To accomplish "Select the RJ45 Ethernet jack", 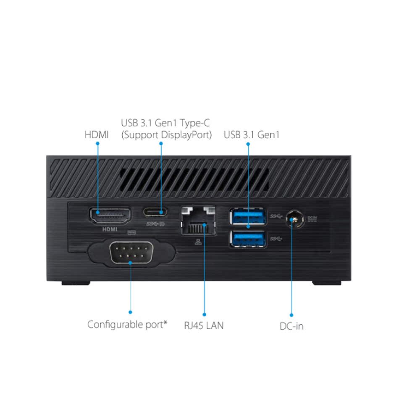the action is point(199,221).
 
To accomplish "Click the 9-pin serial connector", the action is point(130,254).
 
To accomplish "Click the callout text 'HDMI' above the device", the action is point(97,135).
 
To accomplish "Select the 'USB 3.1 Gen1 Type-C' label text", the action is point(165,123).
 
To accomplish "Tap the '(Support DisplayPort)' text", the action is point(166,135).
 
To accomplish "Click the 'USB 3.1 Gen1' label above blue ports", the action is point(252,135).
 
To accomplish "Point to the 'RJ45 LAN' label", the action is point(204,325).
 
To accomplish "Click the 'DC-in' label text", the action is point(291,326).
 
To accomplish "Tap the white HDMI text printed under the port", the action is point(110,230).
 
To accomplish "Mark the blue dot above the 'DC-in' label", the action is point(291,315).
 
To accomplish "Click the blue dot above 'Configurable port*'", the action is point(130,312).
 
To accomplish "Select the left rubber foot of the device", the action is point(76,283).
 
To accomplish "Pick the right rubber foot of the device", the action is point(327,283).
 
